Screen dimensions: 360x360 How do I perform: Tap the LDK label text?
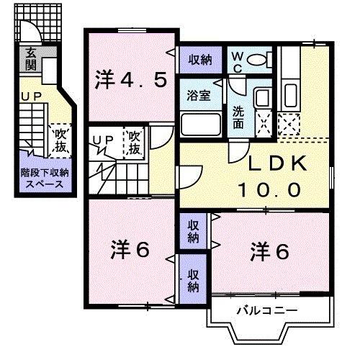click(278, 165)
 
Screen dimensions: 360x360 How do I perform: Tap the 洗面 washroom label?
click(238, 117)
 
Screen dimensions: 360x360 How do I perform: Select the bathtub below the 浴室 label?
click(201, 125)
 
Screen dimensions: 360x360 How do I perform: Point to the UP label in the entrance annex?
click(30, 95)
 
